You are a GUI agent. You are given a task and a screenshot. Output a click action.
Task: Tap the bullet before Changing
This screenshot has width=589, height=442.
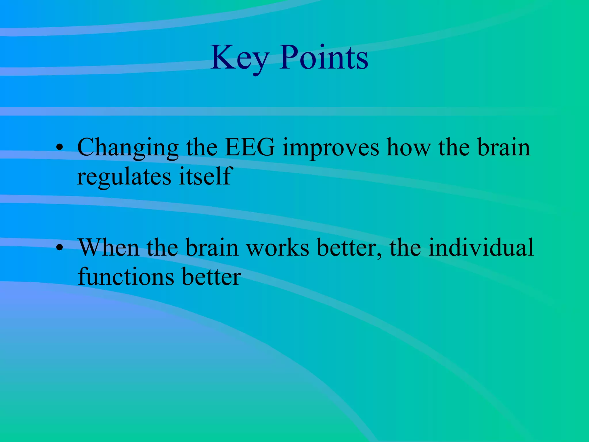tap(60, 147)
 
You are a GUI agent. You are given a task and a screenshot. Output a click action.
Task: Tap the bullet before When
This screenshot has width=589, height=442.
tap(60, 248)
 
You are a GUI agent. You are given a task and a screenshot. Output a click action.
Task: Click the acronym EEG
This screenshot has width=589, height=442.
tap(249, 147)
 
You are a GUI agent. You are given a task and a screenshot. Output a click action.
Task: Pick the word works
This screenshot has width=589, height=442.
tap(278, 248)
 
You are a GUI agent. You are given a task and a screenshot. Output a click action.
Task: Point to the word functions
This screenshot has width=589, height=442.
tap(126, 277)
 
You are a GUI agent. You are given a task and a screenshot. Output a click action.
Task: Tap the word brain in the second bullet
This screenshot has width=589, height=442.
tap(212, 248)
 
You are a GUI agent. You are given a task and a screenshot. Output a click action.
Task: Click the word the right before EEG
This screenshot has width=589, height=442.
tap(201, 147)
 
